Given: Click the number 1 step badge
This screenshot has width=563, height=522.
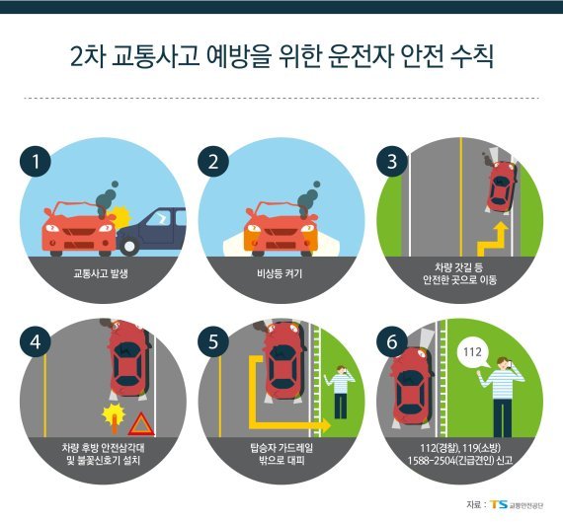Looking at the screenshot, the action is [x=36, y=161].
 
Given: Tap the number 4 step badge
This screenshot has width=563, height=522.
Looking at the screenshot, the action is [x=36, y=341].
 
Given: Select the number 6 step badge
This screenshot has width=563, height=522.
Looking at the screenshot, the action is [x=392, y=341].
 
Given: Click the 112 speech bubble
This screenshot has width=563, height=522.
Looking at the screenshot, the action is [x=472, y=353].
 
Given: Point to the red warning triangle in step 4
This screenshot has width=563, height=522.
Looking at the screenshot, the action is [x=141, y=424].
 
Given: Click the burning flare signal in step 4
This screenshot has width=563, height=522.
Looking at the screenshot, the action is [x=114, y=418].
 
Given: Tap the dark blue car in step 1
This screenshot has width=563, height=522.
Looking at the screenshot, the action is [x=151, y=231].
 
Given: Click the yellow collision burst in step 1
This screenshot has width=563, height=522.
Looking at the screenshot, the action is [x=121, y=216].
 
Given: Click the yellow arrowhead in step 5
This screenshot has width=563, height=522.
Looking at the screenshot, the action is [x=326, y=425].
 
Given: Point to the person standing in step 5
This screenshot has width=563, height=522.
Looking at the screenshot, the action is [x=340, y=392].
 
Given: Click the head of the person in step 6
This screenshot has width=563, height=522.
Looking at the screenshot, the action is [x=504, y=363].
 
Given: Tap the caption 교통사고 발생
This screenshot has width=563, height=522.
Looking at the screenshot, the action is [x=101, y=273].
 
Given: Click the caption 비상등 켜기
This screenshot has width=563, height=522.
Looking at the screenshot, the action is [x=280, y=273].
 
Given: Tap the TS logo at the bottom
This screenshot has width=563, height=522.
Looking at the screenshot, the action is [x=499, y=504].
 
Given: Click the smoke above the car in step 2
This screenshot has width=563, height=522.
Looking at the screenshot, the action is [x=309, y=199].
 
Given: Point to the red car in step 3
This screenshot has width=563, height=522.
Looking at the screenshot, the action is [x=501, y=186].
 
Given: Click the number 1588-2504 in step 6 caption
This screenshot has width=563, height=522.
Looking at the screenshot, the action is [x=432, y=460].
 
